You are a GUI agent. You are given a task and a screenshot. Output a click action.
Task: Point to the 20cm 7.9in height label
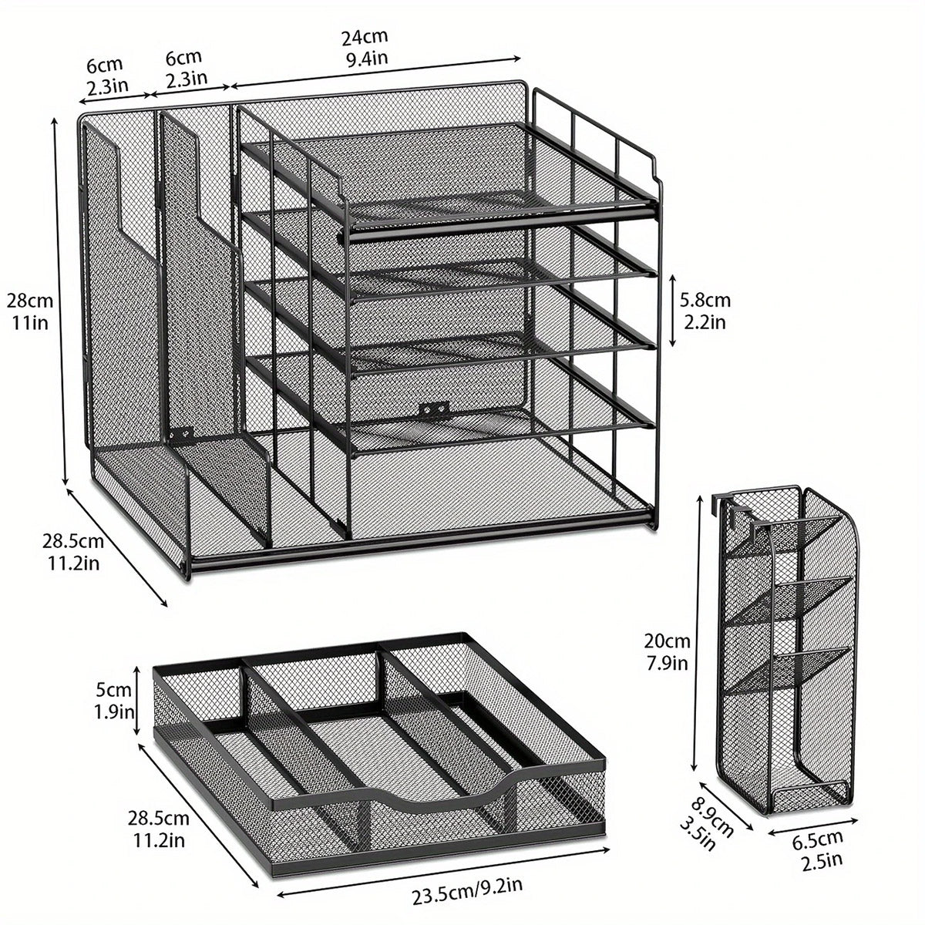tap(668, 651)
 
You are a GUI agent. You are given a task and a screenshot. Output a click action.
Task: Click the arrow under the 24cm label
tap(376, 71)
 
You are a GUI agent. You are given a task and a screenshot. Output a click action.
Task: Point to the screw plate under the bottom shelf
tap(433, 409)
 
